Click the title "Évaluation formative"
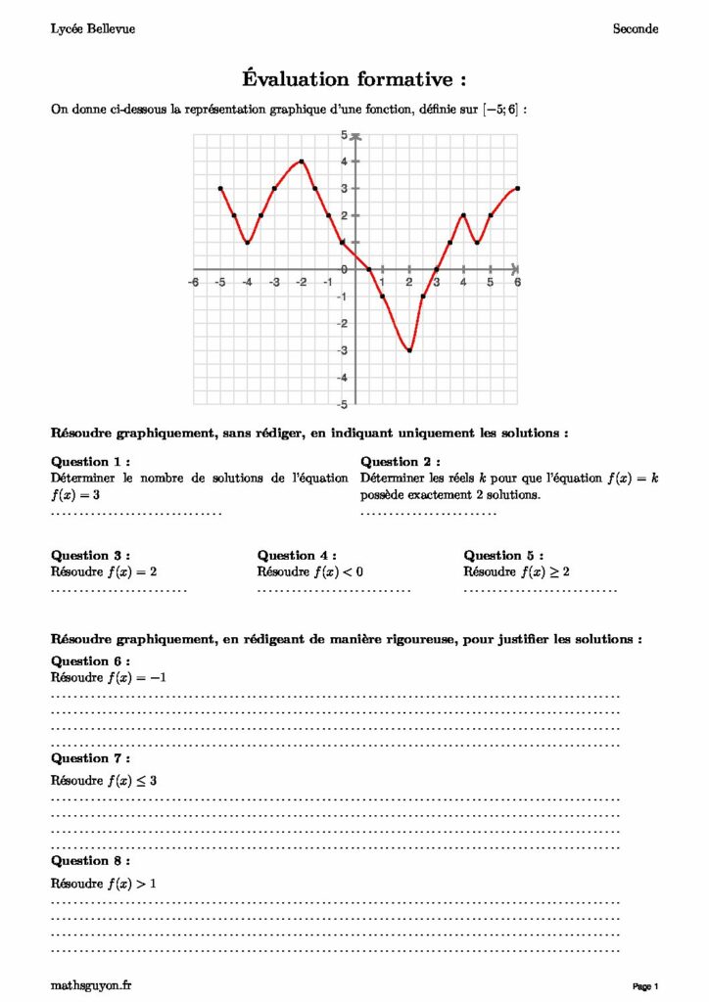click(x=354, y=78)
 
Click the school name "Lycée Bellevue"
click(x=93, y=29)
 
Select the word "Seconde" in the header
click(x=636, y=29)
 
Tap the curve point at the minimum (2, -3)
click(x=409, y=350)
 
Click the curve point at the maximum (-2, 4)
click(x=302, y=161)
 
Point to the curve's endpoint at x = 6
click(x=517, y=188)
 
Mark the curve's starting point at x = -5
click(x=220, y=188)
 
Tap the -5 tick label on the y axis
click(x=342, y=404)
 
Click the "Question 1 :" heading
click(x=90, y=462)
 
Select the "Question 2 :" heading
click(x=401, y=462)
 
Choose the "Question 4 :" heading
click(x=297, y=556)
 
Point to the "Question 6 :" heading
click(x=90, y=660)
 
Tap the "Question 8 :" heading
click(x=90, y=860)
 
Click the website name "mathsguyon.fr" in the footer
click(x=91, y=984)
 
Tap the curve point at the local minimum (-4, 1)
click(x=248, y=243)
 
